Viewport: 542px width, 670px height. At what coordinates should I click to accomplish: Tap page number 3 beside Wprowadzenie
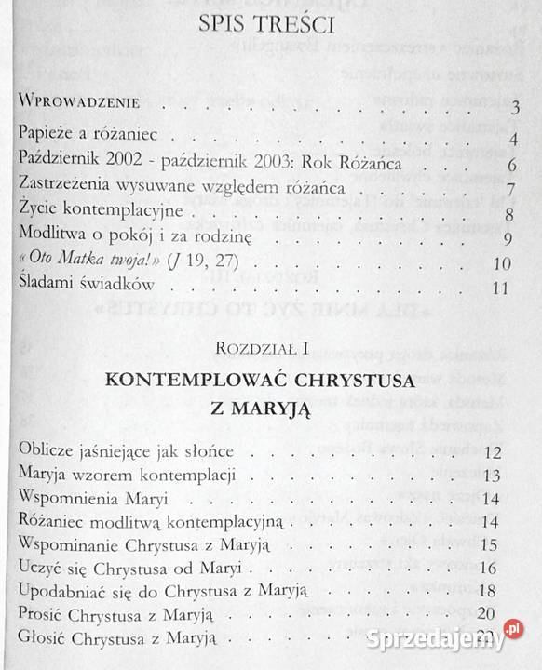click(x=514, y=113)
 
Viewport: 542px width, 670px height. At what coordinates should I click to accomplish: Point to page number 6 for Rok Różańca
click(x=512, y=167)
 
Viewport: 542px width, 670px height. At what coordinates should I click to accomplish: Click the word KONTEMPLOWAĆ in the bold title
click(x=203, y=382)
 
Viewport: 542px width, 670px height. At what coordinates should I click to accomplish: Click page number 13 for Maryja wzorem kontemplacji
click(x=494, y=476)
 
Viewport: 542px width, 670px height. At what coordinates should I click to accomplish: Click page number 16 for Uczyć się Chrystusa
click(x=494, y=568)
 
